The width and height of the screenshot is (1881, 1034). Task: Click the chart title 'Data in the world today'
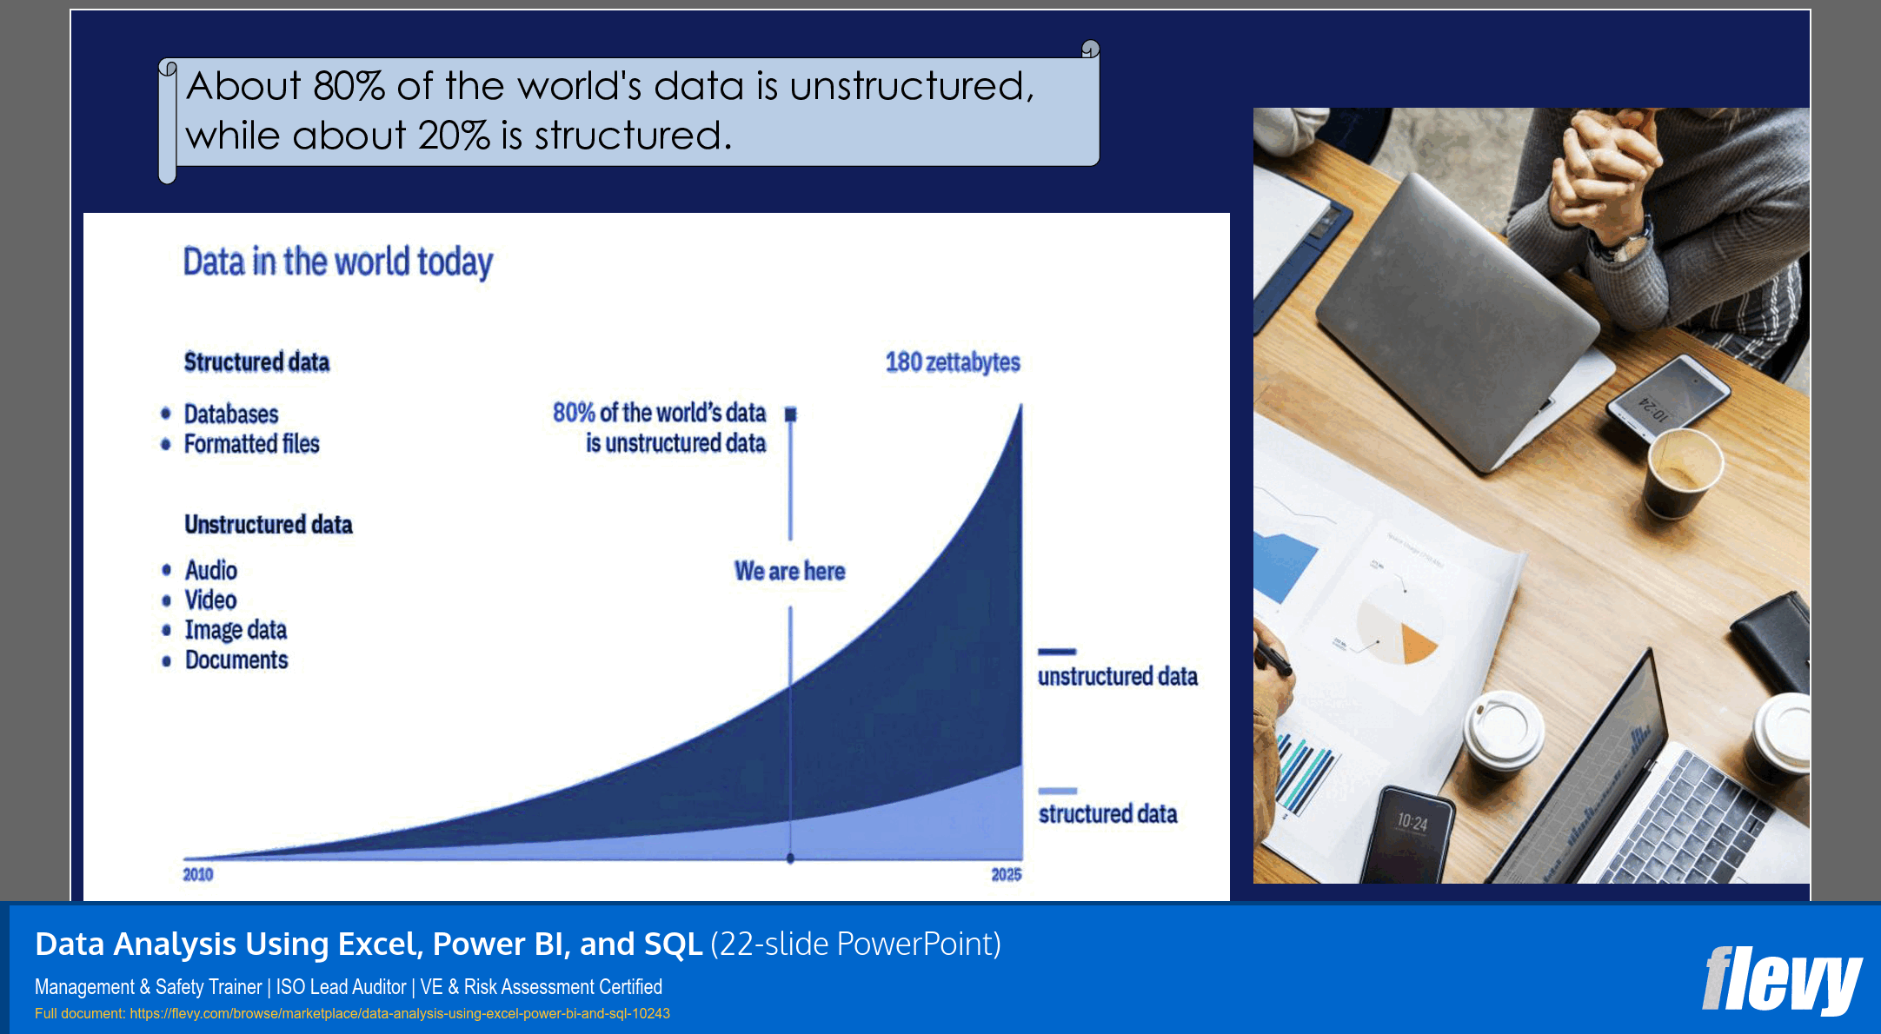tap(337, 262)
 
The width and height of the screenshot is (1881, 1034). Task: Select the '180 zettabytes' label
tap(952, 362)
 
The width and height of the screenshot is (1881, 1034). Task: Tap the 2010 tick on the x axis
tap(197, 874)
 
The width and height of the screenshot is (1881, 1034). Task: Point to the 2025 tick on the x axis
tap(1006, 874)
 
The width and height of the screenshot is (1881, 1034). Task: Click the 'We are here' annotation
tap(789, 571)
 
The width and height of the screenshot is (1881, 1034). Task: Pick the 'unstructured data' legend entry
tap(1117, 676)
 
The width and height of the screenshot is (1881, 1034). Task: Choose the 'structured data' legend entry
tap(1107, 813)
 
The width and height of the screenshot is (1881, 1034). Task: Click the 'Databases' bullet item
tap(230, 414)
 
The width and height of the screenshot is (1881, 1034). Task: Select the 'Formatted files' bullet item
tap(251, 444)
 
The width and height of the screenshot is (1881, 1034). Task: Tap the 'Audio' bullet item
tap(210, 570)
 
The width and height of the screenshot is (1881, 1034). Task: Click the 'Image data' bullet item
tap(236, 630)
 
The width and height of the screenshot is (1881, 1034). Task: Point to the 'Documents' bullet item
tap(236, 660)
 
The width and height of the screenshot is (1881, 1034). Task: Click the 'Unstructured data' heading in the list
tap(268, 525)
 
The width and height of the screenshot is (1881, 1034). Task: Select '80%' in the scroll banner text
tap(349, 86)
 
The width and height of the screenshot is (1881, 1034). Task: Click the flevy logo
tap(1781, 980)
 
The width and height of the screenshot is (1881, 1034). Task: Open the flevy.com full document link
tap(399, 1013)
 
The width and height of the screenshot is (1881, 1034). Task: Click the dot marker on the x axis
tap(790, 858)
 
